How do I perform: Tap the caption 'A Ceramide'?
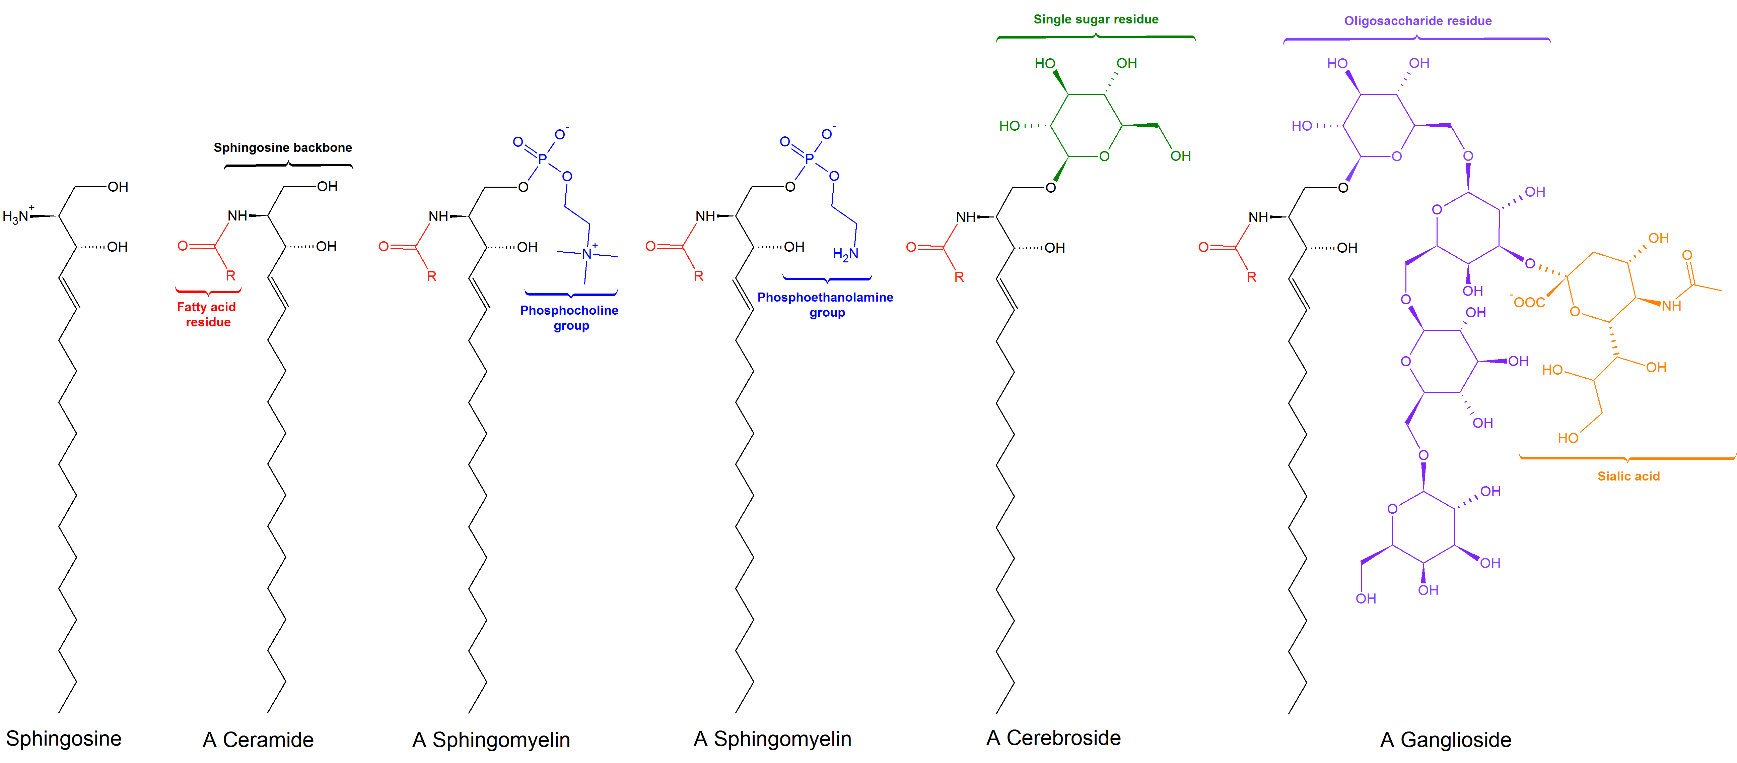click(258, 740)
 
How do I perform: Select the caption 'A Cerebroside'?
click(1053, 738)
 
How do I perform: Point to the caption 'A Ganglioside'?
click(1446, 740)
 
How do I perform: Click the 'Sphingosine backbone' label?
click(283, 148)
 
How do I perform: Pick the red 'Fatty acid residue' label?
click(207, 314)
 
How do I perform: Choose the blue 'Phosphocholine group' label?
click(570, 318)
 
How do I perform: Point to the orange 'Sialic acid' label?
click(1628, 476)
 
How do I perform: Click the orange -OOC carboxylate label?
click(1528, 302)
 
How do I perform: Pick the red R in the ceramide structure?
click(231, 276)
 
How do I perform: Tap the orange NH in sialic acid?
click(1672, 306)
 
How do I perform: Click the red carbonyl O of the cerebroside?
click(911, 248)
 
